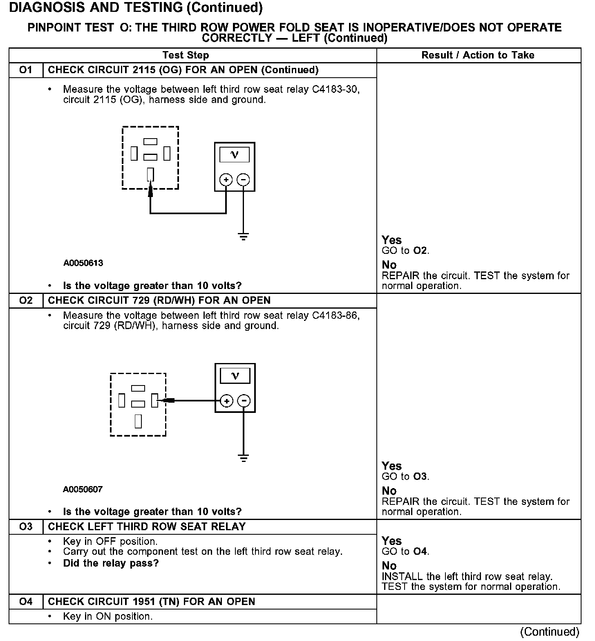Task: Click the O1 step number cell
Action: click(x=26, y=70)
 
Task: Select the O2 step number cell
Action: click(x=26, y=300)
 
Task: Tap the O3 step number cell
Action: click(x=26, y=527)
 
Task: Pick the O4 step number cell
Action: click(x=26, y=602)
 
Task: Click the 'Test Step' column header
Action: click(x=186, y=55)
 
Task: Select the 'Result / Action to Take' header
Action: click(x=478, y=55)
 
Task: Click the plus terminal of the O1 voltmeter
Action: click(x=226, y=179)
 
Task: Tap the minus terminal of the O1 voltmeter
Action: click(x=243, y=179)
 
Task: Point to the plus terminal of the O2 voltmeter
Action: click(x=226, y=401)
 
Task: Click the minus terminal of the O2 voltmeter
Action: click(x=244, y=401)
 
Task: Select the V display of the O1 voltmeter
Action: click(x=235, y=155)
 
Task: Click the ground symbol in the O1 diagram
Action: click(x=243, y=236)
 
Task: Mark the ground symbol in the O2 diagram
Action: click(x=244, y=458)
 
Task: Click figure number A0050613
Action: click(x=83, y=263)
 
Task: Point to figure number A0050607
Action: click(x=83, y=489)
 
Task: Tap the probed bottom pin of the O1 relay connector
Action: click(x=150, y=175)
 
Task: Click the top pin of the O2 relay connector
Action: click(x=138, y=388)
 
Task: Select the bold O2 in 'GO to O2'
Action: click(x=420, y=251)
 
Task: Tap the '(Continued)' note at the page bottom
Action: click(x=550, y=632)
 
